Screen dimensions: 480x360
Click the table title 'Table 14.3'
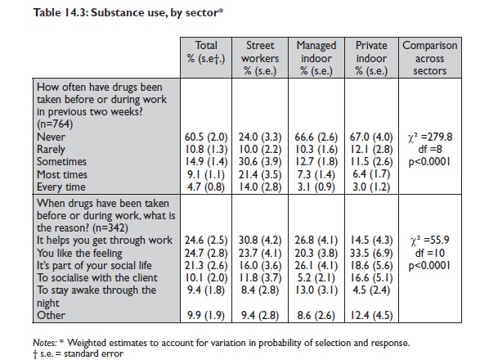pos(61,12)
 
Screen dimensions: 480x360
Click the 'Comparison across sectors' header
pos(430,58)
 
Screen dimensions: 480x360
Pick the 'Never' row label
pos(51,137)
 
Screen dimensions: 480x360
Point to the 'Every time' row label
pos(61,187)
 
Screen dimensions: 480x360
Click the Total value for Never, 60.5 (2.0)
pos(206,137)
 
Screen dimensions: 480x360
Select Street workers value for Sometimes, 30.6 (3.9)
pos(260,162)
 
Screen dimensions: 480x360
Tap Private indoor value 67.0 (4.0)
pos(371,137)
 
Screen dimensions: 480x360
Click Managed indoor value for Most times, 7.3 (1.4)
pos(316,174)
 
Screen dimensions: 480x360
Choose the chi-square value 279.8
pos(430,137)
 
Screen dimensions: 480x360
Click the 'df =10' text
pos(430,253)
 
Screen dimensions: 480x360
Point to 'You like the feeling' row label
pos(79,254)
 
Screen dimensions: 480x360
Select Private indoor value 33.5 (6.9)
pos(371,254)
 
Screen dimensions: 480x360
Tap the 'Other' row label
pos(51,315)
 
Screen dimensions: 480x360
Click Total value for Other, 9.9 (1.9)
pos(206,315)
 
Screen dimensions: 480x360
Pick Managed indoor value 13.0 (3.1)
pos(316,290)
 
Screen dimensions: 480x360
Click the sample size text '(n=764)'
pos(55,124)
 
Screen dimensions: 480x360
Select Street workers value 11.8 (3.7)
pos(260,278)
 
